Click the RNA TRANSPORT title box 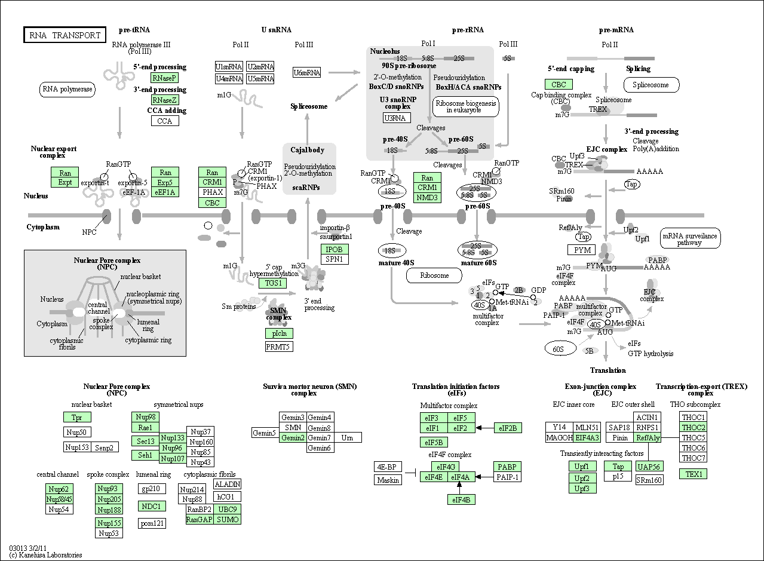click(x=65, y=35)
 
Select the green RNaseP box click(x=164, y=78)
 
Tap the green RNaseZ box click(x=164, y=100)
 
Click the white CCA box click(x=165, y=121)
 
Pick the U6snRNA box click(x=306, y=72)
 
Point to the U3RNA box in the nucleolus click(x=397, y=118)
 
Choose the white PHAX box click(x=212, y=192)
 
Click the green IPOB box click(x=335, y=249)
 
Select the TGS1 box click(x=272, y=283)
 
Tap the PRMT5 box click(x=279, y=347)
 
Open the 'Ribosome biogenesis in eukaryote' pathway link click(x=466, y=107)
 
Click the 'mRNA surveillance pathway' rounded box click(x=691, y=238)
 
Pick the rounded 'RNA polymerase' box click(x=67, y=90)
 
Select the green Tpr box click(x=77, y=417)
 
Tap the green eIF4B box click(x=461, y=499)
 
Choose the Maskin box click(x=388, y=480)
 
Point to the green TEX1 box click(x=693, y=474)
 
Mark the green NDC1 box click(x=152, y=506)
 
